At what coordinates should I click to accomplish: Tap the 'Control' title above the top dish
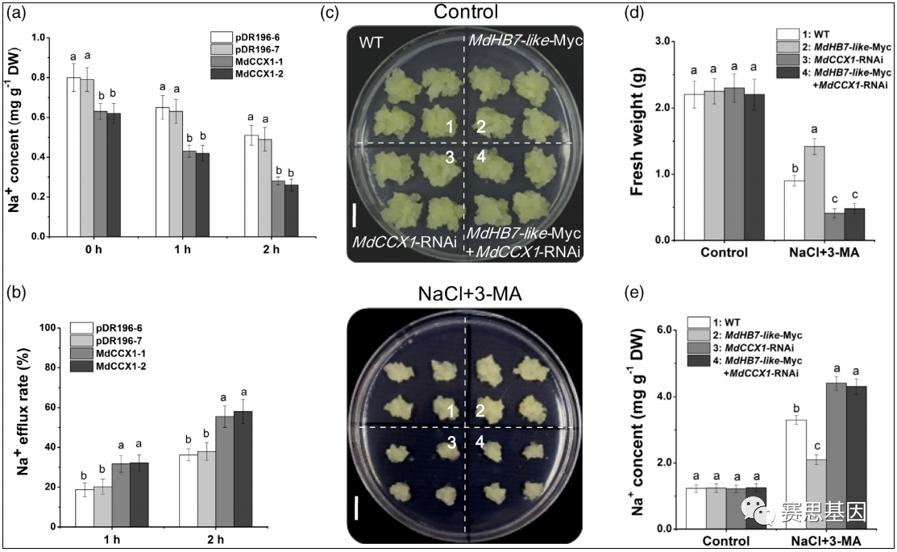click(x=465, y=11)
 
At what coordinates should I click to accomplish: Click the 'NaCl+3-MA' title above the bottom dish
click(x=466, y=293)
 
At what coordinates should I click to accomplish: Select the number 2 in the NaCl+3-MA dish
click(x=479, y=412)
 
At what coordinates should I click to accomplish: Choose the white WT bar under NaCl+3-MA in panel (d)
click(x=795, y=210)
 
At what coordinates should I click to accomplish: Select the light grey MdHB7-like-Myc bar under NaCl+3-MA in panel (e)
click(x=816, y=494)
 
